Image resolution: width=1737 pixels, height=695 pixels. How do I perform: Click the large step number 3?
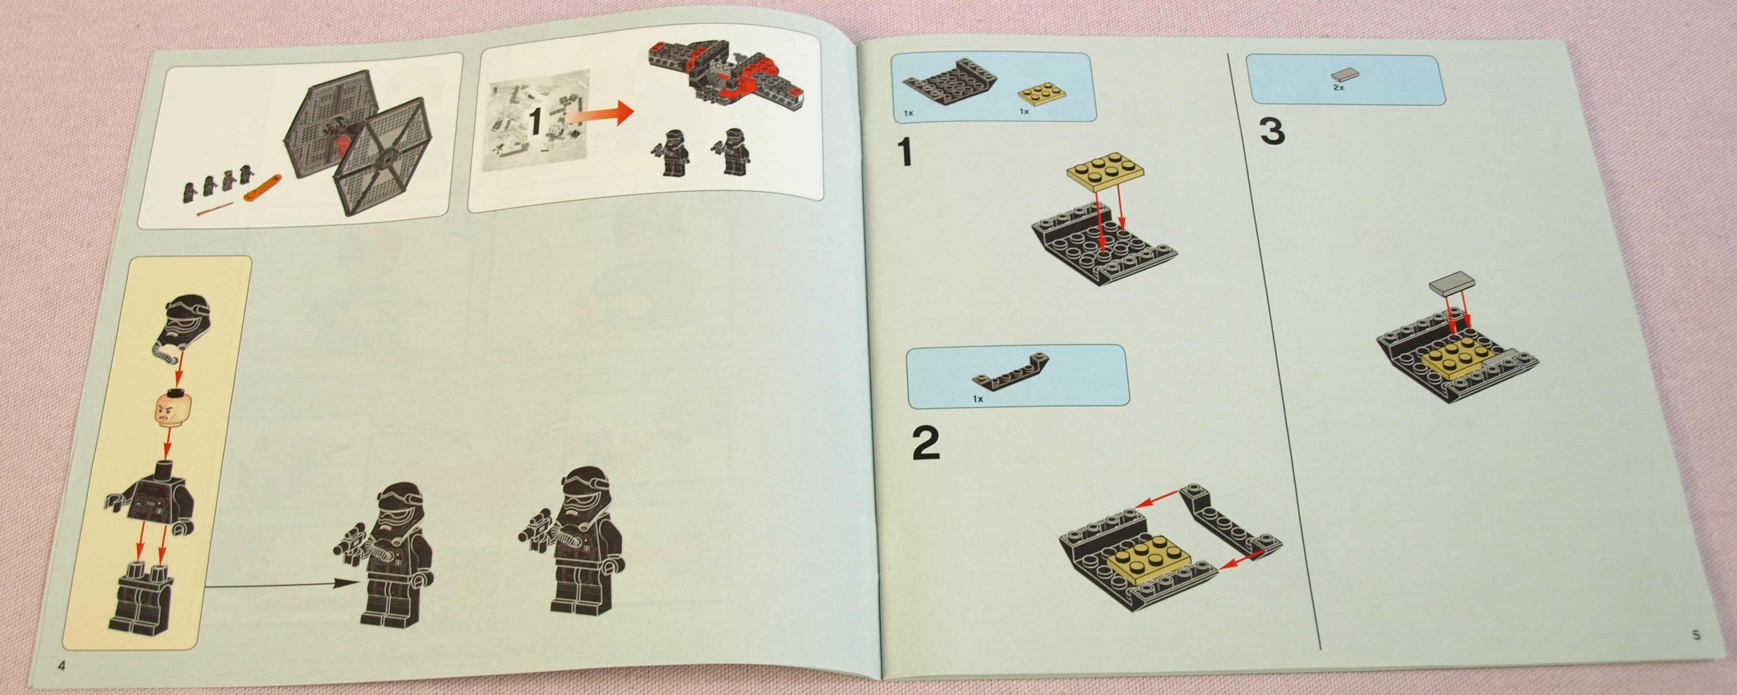point(1272,131)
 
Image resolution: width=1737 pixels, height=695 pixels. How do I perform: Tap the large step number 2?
point(926,443)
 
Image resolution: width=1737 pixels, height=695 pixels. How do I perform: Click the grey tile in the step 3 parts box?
point(1344,75)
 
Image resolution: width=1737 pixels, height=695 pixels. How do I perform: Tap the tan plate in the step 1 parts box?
point(1042,96)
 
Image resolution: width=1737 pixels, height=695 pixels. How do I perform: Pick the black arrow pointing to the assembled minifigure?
point(280,584)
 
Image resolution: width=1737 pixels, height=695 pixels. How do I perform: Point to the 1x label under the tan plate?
point(1024,111)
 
